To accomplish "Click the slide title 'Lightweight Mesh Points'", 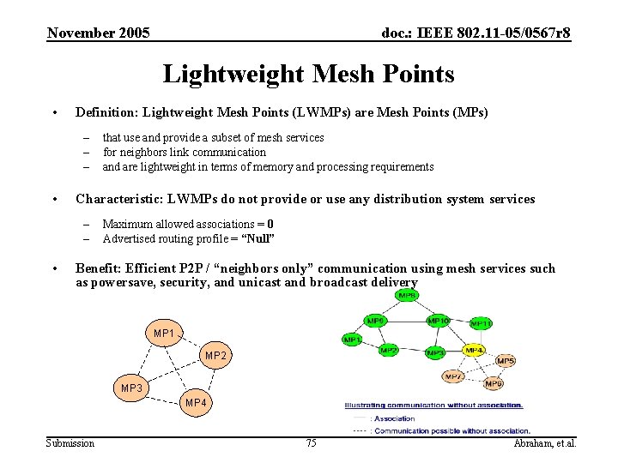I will [x=308, y=74].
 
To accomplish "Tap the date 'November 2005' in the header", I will [x=99, y=33].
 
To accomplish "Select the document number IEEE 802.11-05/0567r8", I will [x=476, y=33].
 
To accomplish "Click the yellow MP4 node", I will [x=474, y=350].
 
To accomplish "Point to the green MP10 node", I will [x=438, y=321].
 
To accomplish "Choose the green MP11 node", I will [x=481, y=323].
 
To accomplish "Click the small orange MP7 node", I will [x=453, y=376].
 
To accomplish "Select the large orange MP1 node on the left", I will [x=164, y=333].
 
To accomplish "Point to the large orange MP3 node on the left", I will [x=132, y=388].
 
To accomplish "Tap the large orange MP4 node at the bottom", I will [x=195, y=402].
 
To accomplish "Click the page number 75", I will [x=311, y=442].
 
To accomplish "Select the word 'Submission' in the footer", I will [x=70, y=442].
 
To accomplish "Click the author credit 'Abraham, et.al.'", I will [x=544, y=442].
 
